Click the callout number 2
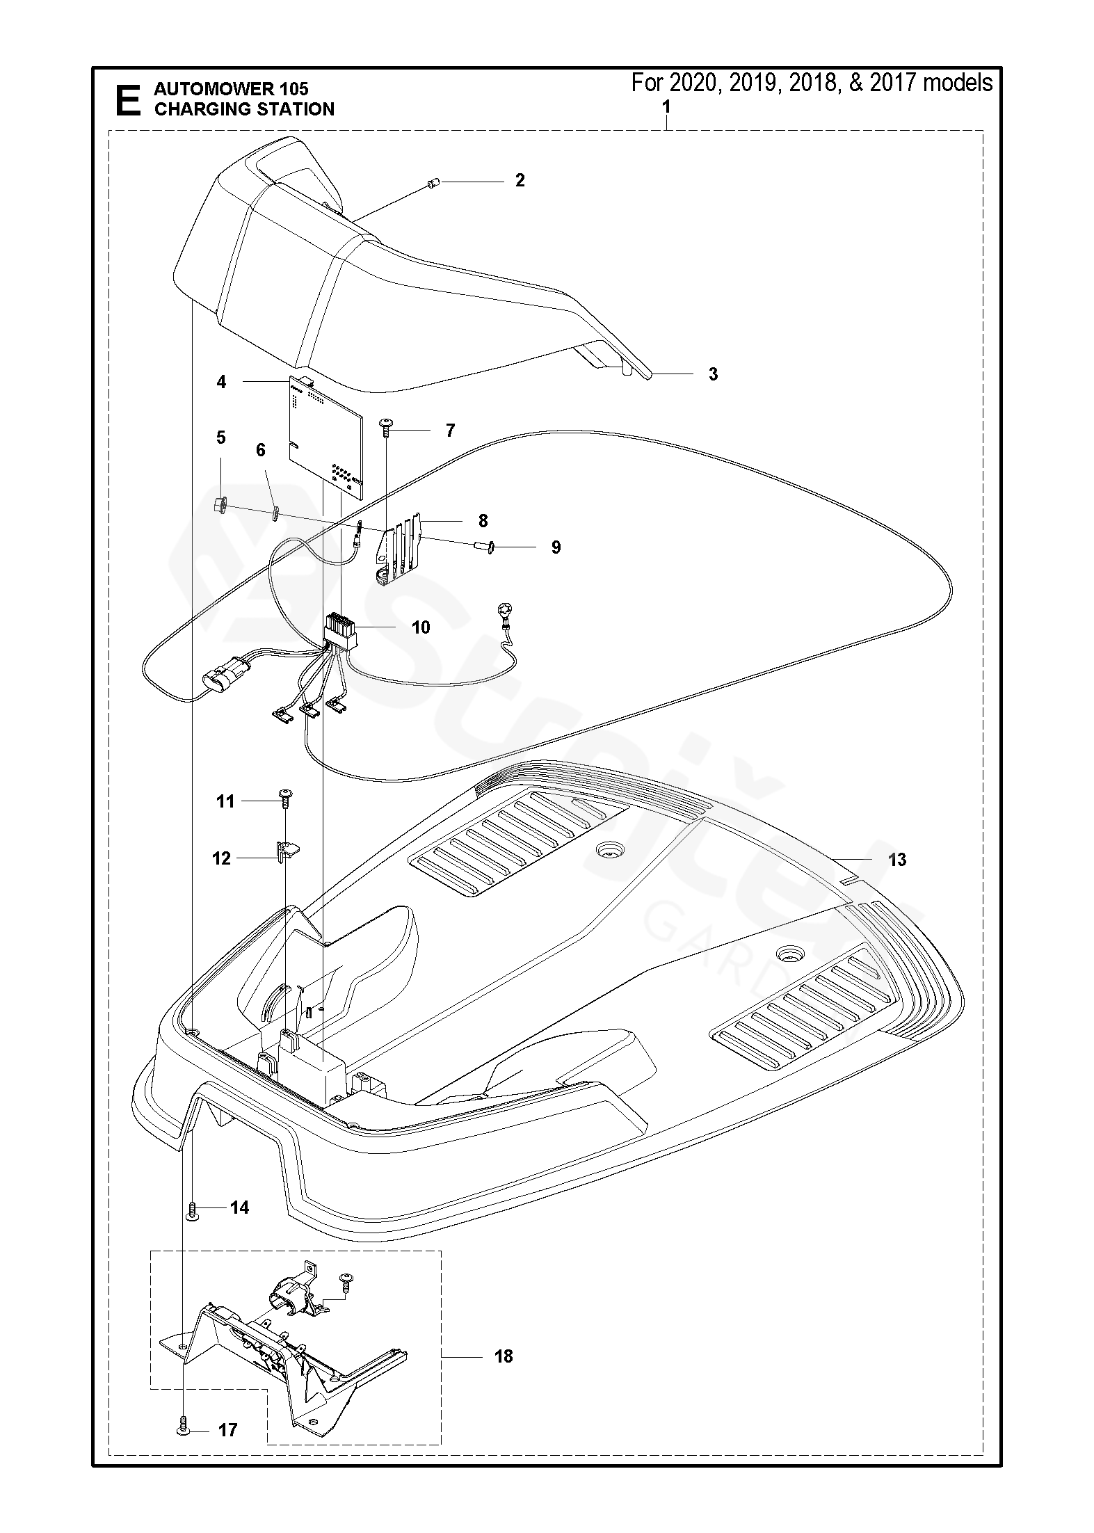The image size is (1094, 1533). (x=520, y=180)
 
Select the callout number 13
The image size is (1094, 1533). (x=897, y=860)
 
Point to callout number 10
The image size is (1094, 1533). (x=421, y=627)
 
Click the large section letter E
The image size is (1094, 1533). (x=127, y=99)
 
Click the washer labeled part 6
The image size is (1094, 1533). (x=275, y=513)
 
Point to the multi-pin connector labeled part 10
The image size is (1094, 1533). (x=340, y=630)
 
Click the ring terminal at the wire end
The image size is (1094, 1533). (x=501, y=613)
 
